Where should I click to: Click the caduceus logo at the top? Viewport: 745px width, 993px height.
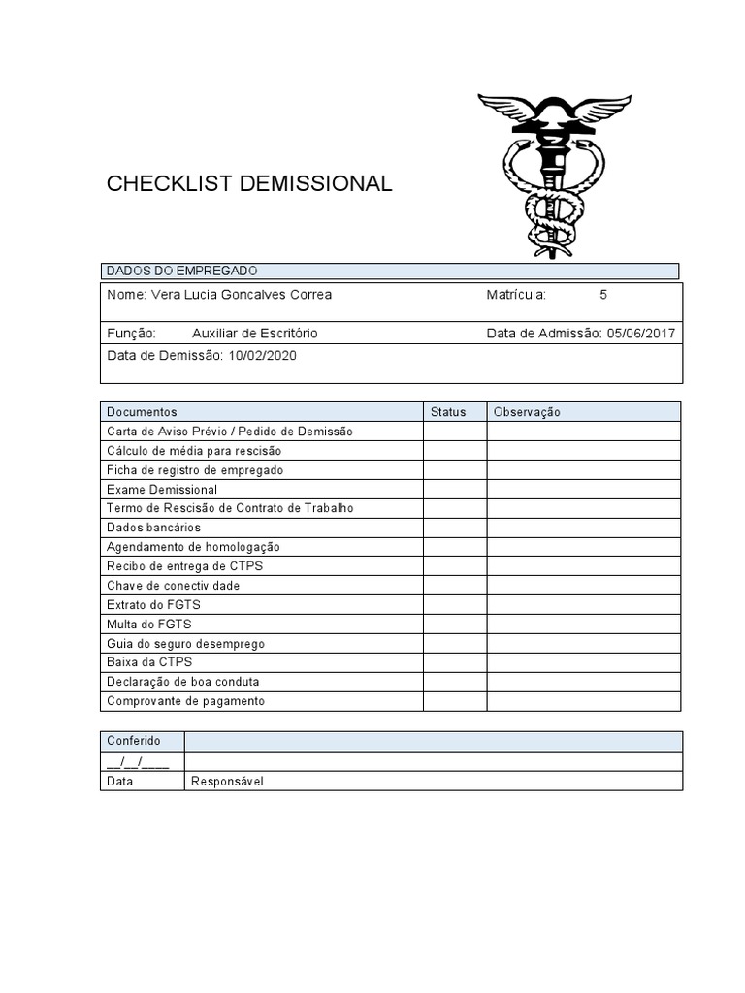point(554,175)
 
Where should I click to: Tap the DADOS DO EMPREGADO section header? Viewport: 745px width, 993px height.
point(181,272)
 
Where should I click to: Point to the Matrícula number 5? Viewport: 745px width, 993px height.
point(603,295)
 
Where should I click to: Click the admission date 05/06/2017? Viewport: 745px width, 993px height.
point(641,334)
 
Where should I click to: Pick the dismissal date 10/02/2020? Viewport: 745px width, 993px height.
point(263,356)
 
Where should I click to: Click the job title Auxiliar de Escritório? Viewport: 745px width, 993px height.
point(254,334)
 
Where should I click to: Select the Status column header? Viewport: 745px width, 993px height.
point(448,412)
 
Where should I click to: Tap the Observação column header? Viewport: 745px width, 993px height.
point(527,412)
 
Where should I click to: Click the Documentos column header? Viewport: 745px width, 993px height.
point(142,412)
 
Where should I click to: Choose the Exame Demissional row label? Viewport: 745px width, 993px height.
point(162,490)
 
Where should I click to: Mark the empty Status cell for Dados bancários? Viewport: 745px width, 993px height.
point(455,528)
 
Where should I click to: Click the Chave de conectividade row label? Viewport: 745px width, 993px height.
point(173,586)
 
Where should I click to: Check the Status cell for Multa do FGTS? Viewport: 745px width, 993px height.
point(455,625)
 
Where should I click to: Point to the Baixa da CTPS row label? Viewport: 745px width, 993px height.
point(149,662)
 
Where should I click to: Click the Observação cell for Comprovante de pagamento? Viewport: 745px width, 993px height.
point(584,701)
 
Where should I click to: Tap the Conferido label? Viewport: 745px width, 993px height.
point(134,741)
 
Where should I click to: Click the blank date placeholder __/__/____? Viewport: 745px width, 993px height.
point(138,761)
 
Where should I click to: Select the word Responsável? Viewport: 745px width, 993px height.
point(227,782)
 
